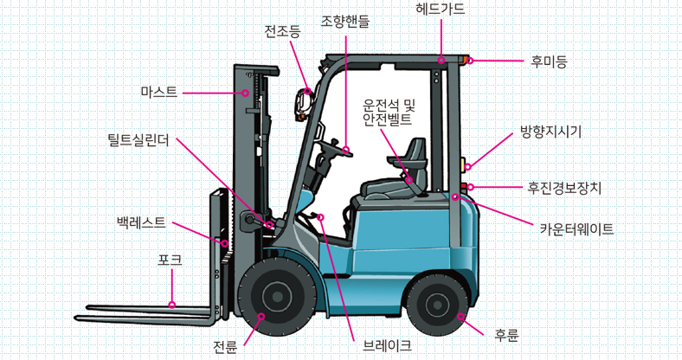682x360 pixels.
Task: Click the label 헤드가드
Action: point(440,10)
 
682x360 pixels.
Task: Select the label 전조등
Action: point(282,33)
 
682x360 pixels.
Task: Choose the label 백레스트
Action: point(141,222)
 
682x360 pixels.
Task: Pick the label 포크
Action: point(169,259)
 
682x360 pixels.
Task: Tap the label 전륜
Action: point(225,348)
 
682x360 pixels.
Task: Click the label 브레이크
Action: point(387,345)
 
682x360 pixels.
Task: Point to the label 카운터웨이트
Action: point(576,229)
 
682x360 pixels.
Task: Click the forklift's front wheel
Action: point(275,299)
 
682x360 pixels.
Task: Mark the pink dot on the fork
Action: point(172,305)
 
